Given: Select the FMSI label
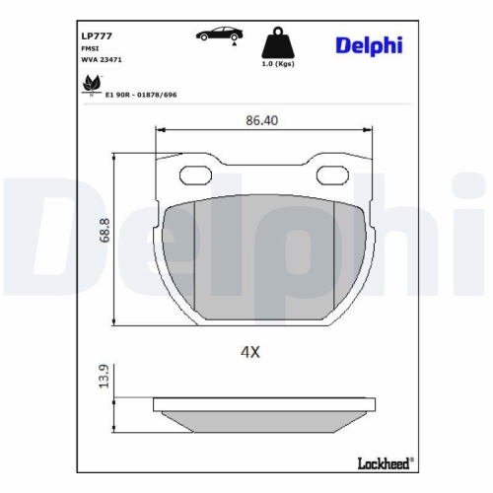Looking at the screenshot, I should (89, 46).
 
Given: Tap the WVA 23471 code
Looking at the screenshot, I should (100, 59).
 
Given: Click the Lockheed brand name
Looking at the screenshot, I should (383, 461).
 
